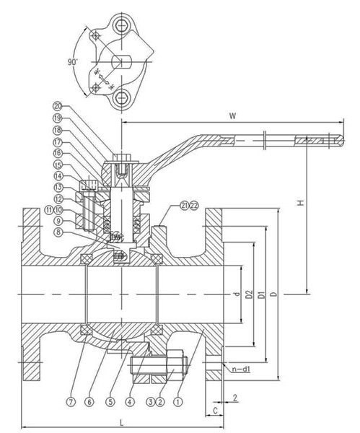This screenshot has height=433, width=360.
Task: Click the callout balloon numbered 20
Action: (x=58, y=106)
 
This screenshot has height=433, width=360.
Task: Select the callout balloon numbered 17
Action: (x=58, y=142)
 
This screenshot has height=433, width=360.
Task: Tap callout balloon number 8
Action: (x=58, y=232)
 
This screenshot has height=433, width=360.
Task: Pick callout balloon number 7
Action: (x=71, y=401)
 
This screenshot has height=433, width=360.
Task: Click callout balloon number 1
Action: (x=177, y=401)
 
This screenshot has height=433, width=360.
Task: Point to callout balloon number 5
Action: (x=110, y=401)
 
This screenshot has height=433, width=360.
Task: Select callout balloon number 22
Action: (x=194, y=206)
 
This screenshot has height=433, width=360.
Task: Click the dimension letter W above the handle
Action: (x=233, y=116)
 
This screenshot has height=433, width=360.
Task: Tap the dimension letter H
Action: (x=300, y=203)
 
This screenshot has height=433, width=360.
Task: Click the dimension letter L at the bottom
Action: (x=122, y=422)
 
